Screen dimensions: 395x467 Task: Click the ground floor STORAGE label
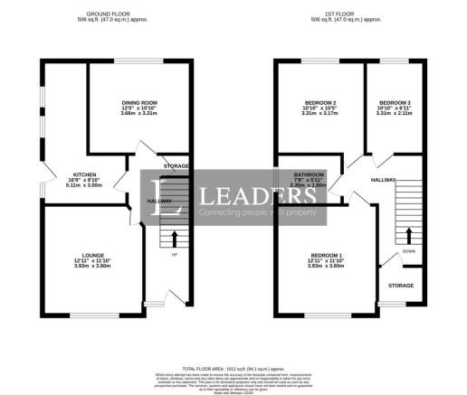176,167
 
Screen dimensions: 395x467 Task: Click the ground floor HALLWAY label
134,201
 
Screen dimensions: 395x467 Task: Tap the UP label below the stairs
175,254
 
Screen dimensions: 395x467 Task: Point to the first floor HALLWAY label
384,180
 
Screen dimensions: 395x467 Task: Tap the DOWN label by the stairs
408,251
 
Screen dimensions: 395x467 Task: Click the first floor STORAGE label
401,285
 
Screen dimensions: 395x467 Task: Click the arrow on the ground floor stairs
175,239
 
